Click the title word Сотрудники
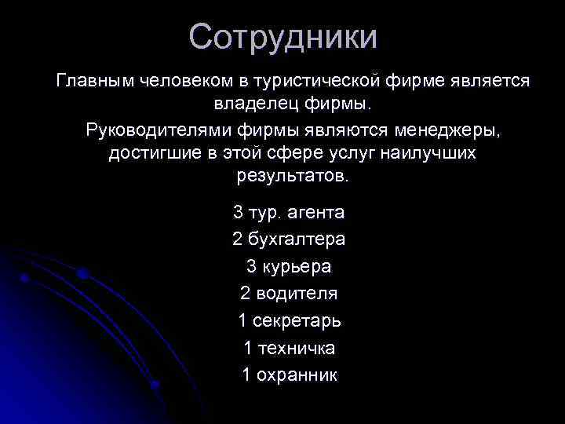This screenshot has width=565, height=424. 282,38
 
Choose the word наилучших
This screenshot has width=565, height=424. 432,152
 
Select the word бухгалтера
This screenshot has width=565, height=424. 298,239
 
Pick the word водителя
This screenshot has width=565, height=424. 298,294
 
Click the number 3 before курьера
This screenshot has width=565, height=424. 251,266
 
